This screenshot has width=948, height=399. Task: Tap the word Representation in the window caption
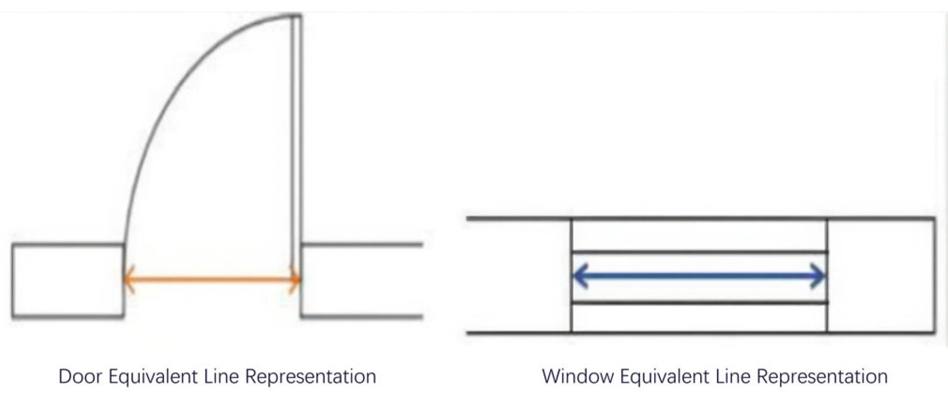click(x=822, y=376)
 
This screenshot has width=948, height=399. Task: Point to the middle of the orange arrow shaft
click(x=212, y=280)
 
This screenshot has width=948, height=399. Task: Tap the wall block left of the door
click(x=68, y=280)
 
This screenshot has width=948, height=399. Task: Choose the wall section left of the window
click(x=519, y=275)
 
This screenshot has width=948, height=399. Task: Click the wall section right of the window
click(x=881, y=275)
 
